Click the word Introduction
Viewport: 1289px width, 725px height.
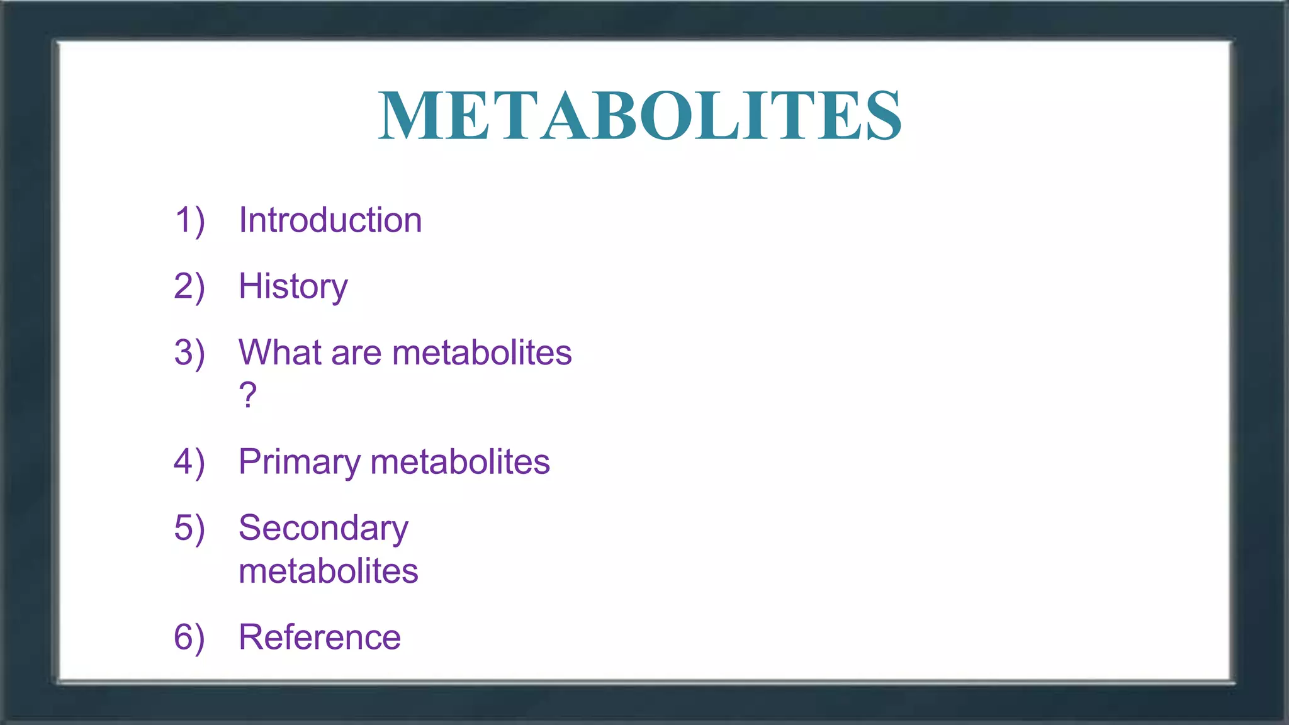point(330,220)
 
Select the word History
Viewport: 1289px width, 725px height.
point(293,287)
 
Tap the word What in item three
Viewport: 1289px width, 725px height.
point(279,352)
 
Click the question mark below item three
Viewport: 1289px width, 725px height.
point(248,395)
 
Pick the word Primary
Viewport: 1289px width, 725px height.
point(299,463)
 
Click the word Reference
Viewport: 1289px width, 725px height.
point(319,637)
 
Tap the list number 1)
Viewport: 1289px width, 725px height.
point(189,221)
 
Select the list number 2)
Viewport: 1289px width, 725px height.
point(189,287)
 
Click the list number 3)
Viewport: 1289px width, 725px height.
point(189,353)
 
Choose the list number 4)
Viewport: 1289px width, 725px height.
point(189,463)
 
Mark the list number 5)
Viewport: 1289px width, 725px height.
point(189,528)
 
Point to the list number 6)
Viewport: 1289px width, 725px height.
point(189,638)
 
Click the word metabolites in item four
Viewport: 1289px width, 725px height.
point(460,462)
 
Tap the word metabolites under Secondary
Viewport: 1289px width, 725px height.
point(328,571)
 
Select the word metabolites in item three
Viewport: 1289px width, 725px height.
point(481,352)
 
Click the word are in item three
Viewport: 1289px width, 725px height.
point(356,354)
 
